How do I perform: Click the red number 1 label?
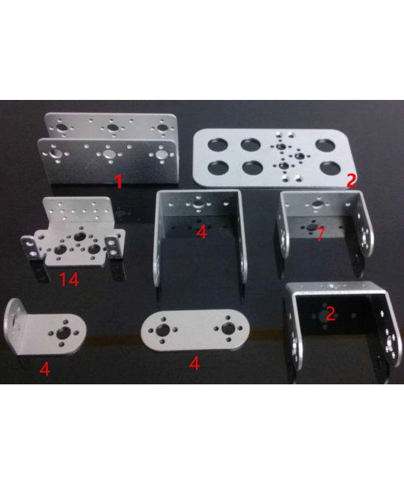pos(118,181)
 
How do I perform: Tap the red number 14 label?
pos(70,279)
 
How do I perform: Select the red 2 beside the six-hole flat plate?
pos(351,180)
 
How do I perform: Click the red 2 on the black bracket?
pos(331,314)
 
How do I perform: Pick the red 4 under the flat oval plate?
pos(194,363)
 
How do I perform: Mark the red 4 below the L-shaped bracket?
pos(45,370)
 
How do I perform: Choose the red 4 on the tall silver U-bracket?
pos(202,231)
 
